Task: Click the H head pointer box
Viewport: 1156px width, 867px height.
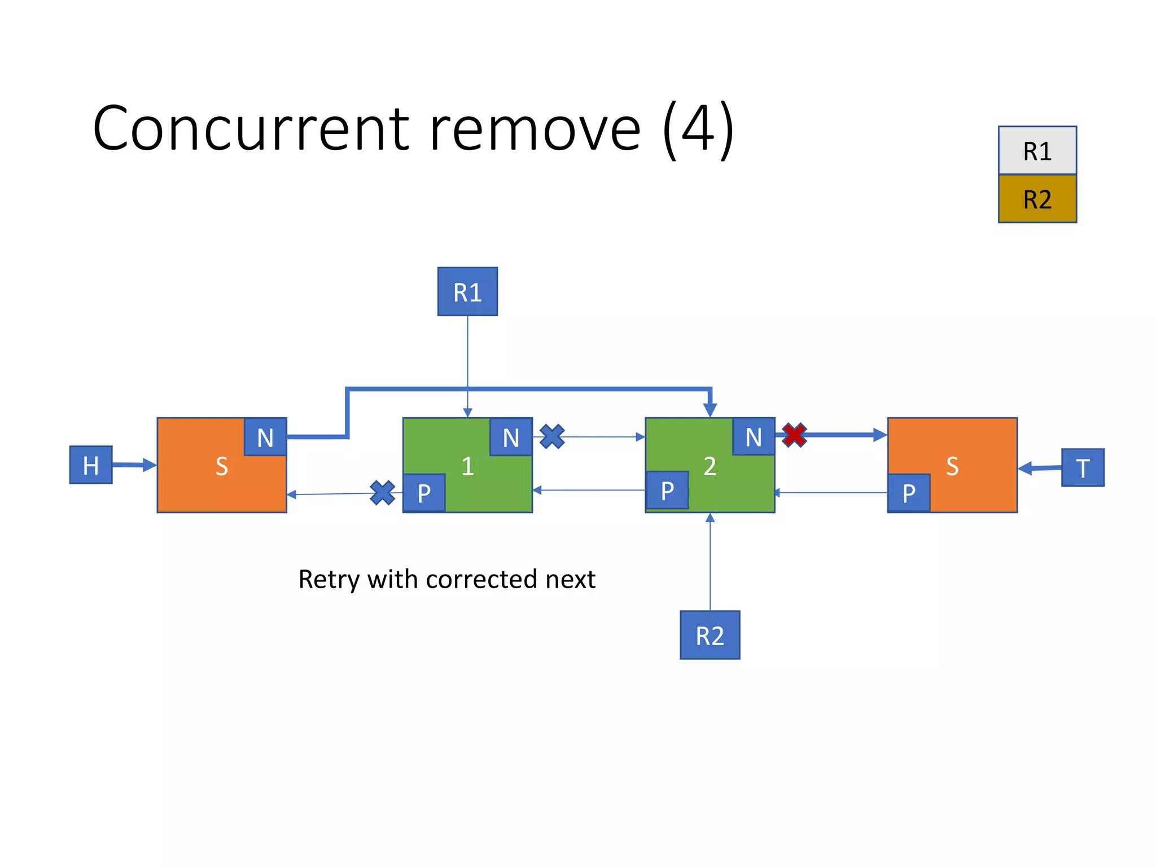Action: pos(90,465)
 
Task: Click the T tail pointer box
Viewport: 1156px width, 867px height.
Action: pos(1082,467)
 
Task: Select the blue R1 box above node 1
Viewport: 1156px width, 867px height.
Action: pos(467,292)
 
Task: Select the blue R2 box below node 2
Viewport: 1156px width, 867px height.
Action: pos(710,635)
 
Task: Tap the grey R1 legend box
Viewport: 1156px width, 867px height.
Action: pos(1037,151)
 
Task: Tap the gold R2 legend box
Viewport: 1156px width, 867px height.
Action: pos(1037,199)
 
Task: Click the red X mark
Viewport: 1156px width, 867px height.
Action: pos(794,435)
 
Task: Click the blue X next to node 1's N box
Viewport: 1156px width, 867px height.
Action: pos(552,436)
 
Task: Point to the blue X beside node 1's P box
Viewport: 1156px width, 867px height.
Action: pos(382,492)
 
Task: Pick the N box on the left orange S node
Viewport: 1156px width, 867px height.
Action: pos(265,437)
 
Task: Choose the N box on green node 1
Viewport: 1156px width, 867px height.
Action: pos(511,437)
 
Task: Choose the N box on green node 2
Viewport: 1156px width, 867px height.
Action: pos(754,436)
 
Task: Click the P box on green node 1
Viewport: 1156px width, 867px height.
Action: pos(424,493)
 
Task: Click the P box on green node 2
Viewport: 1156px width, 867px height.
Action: pos(667,490)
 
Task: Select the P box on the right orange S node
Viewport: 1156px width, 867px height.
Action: pos(909,493)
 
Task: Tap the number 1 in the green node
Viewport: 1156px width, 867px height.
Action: pos(467,466)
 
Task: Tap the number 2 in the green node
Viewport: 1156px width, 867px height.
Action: pos(710,466)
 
